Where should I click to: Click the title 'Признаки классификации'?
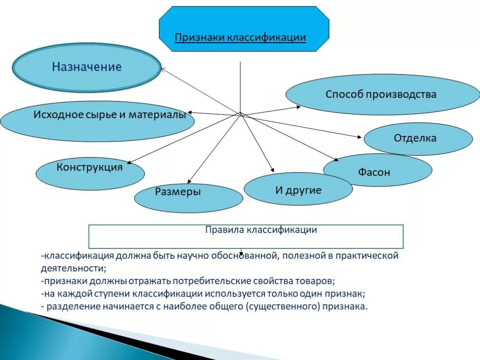click(x=240, y=37)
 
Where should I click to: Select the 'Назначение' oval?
click(x=87, y=67)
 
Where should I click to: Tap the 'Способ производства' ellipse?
click(x=381, y=94)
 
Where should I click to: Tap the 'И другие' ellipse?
click(x=298, y=190)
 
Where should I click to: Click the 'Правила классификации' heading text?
click(x=261, y=230)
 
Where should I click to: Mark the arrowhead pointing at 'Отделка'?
click(x=360, y=137)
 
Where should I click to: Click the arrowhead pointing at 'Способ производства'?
click(x=299, y=107)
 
